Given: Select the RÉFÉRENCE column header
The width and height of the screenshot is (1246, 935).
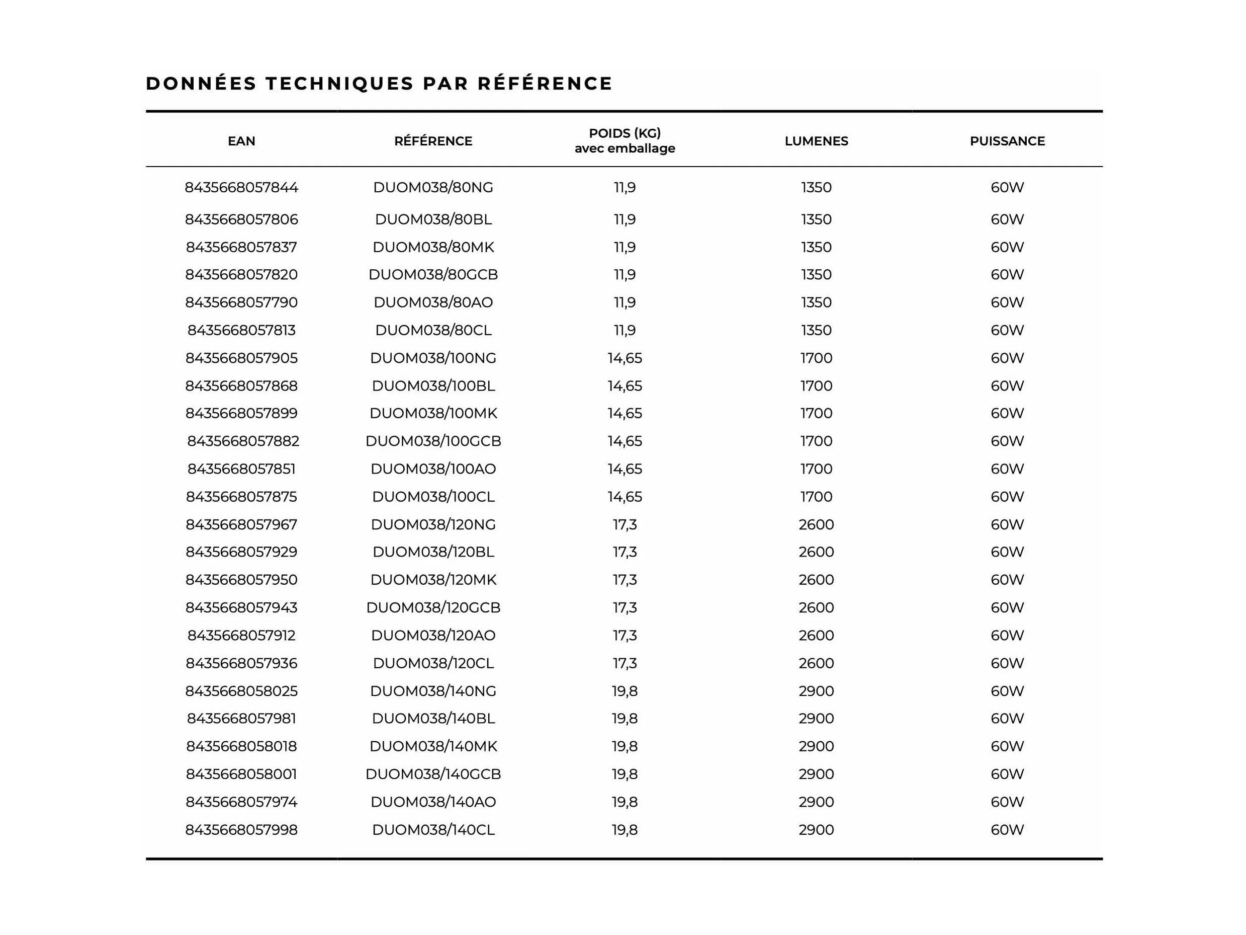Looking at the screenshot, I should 432,141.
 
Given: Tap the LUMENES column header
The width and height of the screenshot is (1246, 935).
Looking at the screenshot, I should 816,141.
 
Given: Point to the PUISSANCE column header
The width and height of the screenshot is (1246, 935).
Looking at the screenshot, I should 1007,141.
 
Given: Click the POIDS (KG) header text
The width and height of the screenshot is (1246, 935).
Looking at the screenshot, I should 624,133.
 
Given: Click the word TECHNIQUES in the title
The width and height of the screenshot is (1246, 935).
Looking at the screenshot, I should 340,84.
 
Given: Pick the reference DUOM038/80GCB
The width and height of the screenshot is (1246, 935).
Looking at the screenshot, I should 432,274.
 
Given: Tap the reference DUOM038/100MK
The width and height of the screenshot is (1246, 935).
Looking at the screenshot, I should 432,413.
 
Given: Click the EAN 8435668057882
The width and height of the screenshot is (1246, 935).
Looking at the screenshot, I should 243,441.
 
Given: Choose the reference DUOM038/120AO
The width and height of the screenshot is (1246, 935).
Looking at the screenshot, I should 432,635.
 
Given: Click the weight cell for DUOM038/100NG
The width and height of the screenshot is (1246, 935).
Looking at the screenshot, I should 624,358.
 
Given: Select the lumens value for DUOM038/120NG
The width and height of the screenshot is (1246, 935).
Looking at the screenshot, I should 816,524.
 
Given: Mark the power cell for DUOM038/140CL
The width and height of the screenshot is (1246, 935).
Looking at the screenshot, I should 1007,830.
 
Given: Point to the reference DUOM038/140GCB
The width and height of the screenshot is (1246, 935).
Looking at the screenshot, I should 432,774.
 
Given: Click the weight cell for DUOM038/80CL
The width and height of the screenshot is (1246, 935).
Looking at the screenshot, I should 624,330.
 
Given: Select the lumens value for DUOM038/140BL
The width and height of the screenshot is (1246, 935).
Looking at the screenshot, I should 816,719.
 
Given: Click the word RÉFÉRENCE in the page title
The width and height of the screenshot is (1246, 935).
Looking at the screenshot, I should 545,84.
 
